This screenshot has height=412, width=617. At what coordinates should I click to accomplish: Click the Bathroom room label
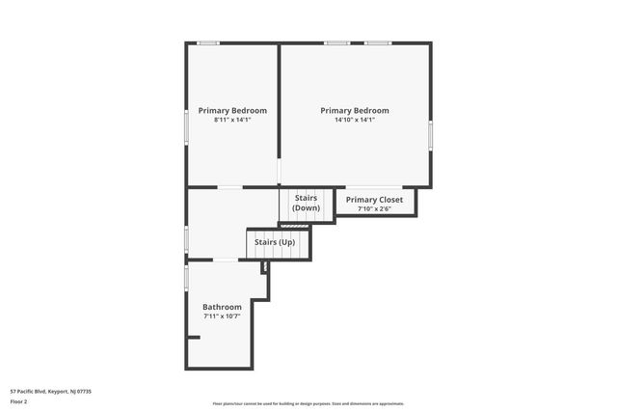click(x=222, y=307)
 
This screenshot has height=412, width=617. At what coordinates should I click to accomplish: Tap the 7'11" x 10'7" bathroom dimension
click(x=222, y=316)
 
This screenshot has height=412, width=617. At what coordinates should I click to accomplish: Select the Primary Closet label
click(x=374, y=200)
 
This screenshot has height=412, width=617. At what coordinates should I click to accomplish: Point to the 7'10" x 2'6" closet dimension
click(x=374, y=208)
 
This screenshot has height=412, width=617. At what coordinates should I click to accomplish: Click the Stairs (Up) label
click(x=275, y=242)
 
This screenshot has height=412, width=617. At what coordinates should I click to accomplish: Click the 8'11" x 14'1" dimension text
click(x=232, y=120)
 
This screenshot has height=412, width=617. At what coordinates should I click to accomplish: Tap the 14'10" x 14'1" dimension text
click(x=355, y=120)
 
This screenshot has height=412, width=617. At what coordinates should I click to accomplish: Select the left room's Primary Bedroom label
click(x=232, y=111)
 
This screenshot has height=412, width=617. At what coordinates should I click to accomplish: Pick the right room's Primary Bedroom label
click(x=355, y=111)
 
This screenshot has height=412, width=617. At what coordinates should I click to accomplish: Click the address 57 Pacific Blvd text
click(x=50, y=392)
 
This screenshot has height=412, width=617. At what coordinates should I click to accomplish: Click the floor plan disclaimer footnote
click(x=308, y=403)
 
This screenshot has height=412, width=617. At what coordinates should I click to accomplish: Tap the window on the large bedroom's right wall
click(x=431, y=134)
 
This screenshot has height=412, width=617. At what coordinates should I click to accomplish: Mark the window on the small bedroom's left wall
click(x=186, y=126)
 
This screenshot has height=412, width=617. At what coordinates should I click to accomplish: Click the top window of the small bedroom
click(x=208, y=42)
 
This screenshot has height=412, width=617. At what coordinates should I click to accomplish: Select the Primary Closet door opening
click(x=374, y=186)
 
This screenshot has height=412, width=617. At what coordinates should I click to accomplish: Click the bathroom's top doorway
click(x=225, y=261)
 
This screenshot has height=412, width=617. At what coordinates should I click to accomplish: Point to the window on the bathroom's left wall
click(x=186, y=277)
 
